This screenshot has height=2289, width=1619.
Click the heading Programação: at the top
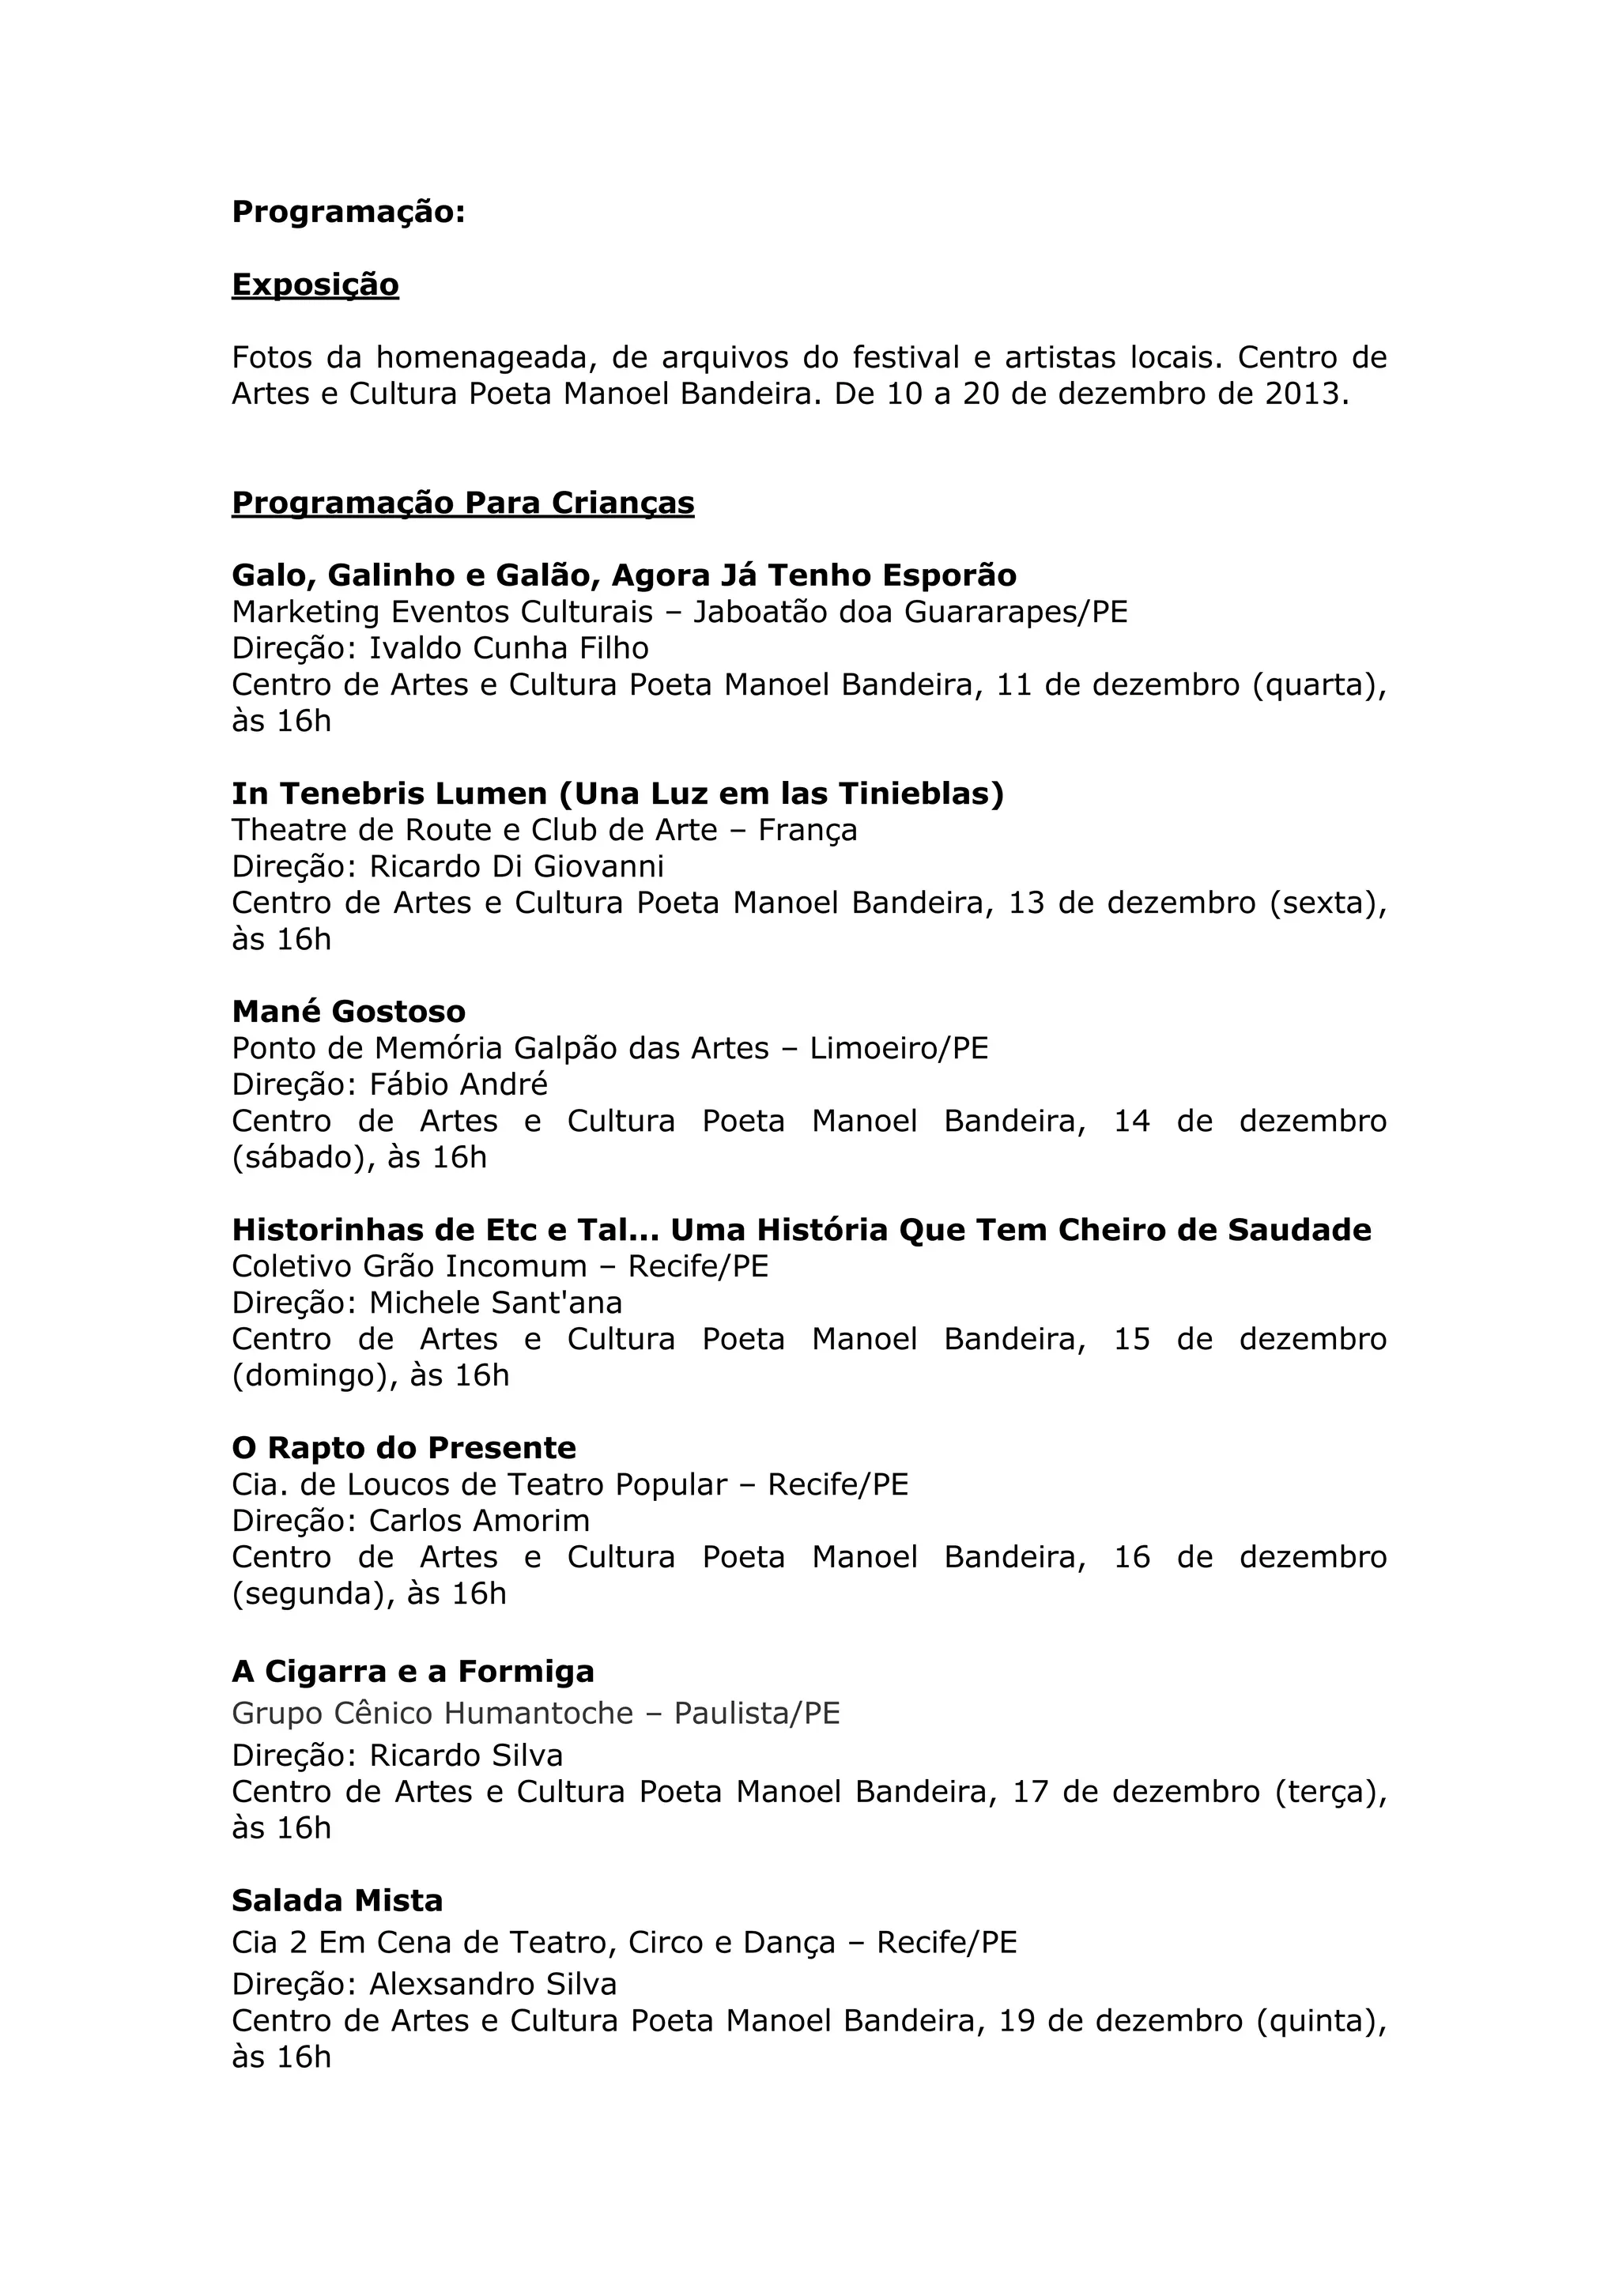click(x=348, y=213)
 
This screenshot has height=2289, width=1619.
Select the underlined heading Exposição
click(x=315, y=285)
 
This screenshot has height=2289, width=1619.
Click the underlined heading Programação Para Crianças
click(x=462, y=503)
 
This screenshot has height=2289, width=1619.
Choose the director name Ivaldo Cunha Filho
click(x=508, y=648)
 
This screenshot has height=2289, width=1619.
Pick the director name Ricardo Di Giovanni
click(x=516, y=865)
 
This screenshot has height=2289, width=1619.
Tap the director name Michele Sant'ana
click(x=496, y=1303)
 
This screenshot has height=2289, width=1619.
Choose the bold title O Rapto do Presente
click(x=404, y=1449)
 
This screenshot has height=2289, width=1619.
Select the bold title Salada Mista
click(x=337, y=1901)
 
